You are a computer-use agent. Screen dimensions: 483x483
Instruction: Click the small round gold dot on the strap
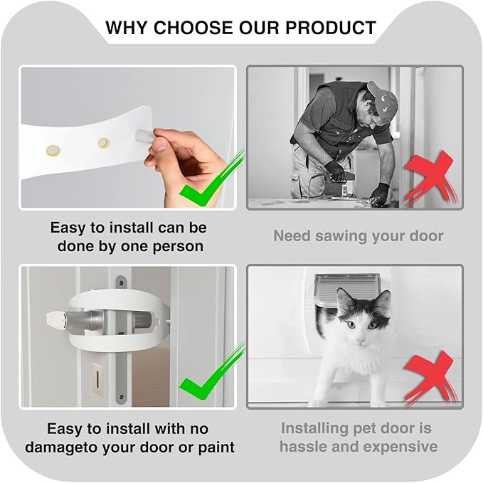pos(104,142)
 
